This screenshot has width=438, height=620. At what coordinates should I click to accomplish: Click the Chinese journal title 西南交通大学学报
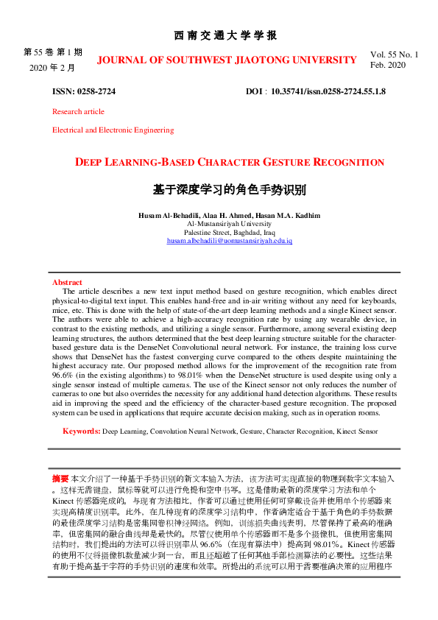(225, 35)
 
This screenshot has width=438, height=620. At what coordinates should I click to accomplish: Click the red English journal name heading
(227, 60)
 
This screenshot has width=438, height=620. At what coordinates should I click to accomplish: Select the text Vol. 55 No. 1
(394, 54)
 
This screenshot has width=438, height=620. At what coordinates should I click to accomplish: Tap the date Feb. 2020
(388, 65)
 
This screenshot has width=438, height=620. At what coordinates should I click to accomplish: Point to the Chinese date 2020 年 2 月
(52, 67)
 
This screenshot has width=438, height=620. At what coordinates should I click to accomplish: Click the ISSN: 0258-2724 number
(83, 91)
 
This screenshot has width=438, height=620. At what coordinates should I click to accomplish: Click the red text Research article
(78, 112)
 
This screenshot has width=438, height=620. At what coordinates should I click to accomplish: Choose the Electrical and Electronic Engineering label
(113, 130)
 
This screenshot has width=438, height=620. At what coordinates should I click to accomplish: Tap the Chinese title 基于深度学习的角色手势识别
(229, 189)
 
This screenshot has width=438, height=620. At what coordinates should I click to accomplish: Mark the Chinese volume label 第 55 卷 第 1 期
(53, 52)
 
